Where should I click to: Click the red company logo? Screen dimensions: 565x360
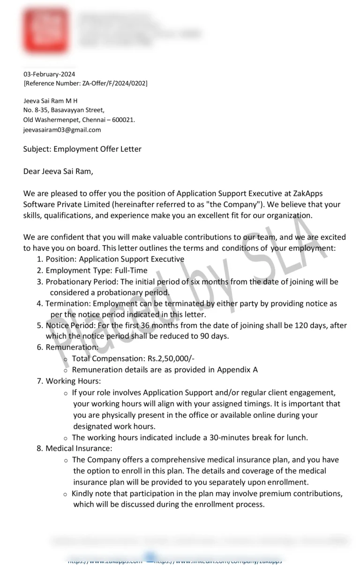(46, 30)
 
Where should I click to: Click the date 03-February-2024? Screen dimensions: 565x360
(49, 74)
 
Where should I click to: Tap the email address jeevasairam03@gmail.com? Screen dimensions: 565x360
(62, 130)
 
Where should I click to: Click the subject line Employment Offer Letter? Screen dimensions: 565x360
(97, 149)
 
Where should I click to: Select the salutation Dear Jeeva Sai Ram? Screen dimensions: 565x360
(58, 171)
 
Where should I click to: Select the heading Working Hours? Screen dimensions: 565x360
(73, 381)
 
